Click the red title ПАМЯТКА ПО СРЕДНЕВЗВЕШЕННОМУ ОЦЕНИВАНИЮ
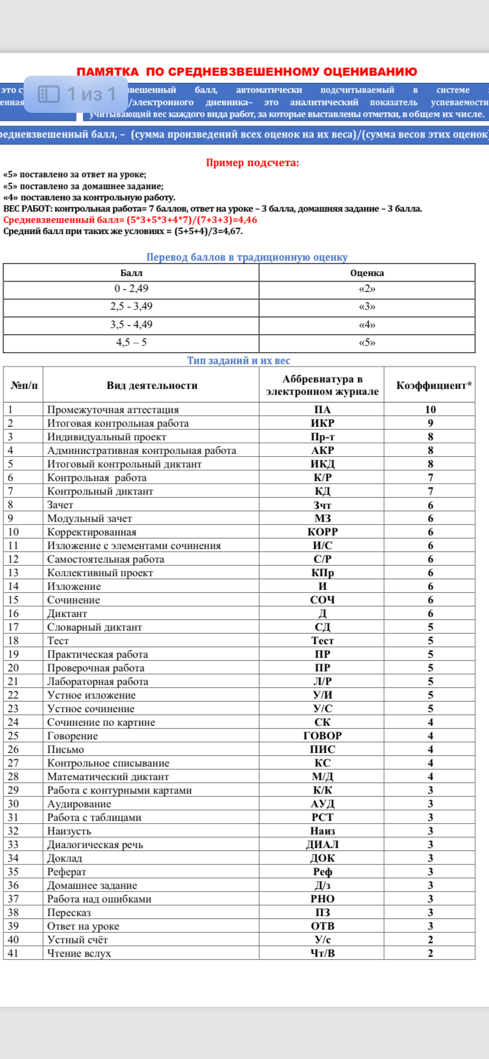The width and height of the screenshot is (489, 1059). click(x=247, y=72)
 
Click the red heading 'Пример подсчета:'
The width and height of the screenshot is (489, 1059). click(x=252, y=163)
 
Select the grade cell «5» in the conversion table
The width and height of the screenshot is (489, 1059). click(x=367, y=343)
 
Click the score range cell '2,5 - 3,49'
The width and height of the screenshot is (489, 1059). click(x=131, y=307)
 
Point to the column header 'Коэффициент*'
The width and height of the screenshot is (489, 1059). click(x=433, y=385)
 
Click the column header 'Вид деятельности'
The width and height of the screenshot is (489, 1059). click(x=152, y=385)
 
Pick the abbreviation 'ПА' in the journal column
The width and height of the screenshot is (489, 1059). click(x=322, y=410)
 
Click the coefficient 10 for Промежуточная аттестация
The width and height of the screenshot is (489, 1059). click(x=430, y=410)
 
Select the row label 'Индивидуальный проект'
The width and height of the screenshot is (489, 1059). click(x=107, y=437)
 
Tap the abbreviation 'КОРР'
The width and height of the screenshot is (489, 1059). click(x=322, y=532)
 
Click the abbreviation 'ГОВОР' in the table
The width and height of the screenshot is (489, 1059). click(x=322, y=736)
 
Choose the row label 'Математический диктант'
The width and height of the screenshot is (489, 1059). click(x=108, y=777)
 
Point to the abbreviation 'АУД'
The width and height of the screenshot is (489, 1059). click(x=322, y=804)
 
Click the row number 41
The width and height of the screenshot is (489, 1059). click(x=13, y=953)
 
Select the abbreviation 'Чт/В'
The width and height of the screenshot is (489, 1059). click(x=322, y=953)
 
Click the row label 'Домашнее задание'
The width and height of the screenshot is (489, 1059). click(x=92, y=885)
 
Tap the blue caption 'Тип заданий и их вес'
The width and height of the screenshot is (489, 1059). click(x=239, y=360)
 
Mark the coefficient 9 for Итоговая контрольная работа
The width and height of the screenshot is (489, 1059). click(x=430, y=423)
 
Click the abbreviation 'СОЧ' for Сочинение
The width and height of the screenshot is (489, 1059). click(x=322, y=600)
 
